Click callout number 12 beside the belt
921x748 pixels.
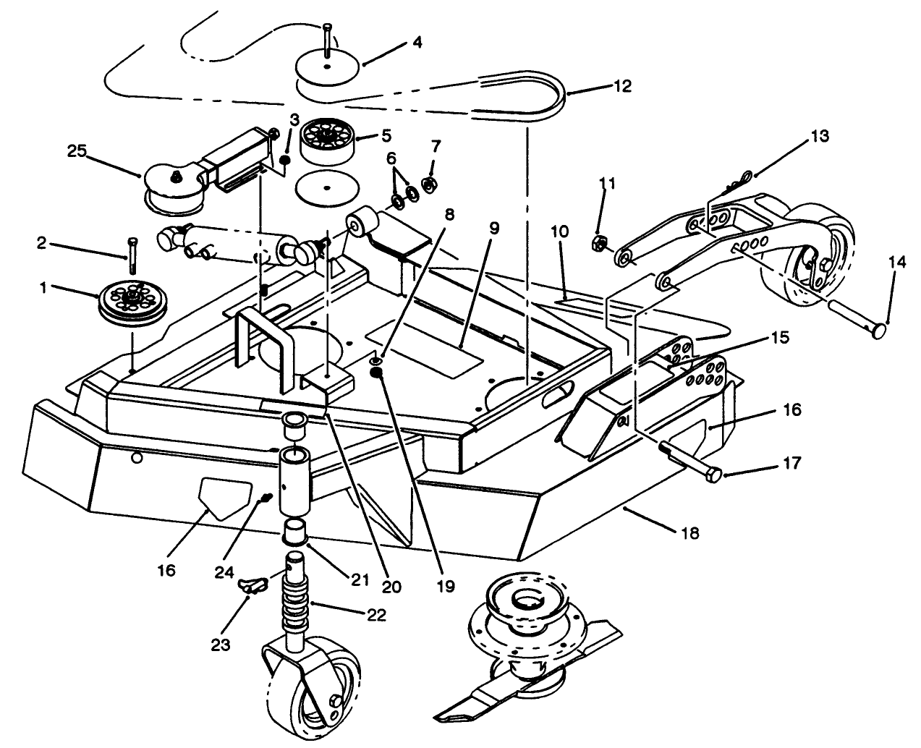[x=621, y=86]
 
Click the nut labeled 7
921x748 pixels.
[x=428, y=184]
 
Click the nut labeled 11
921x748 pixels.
[x=600, y=242]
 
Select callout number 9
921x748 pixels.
[x=494, y=229]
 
